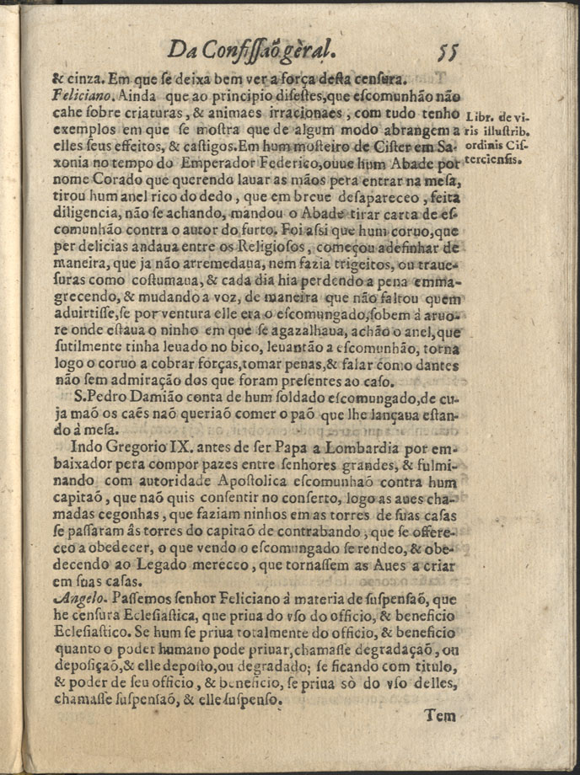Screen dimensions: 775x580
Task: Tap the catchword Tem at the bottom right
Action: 440,716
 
